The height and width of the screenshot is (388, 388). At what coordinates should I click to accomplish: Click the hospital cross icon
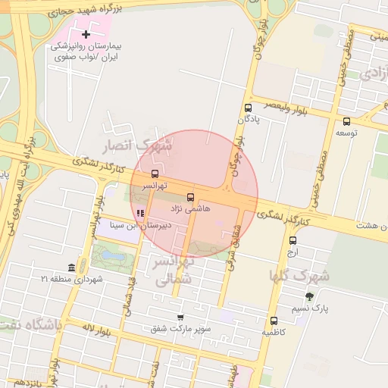point(86,34)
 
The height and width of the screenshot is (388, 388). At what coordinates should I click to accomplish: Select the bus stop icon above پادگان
point(248,108)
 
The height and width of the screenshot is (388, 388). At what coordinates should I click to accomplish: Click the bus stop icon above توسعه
point(347,120)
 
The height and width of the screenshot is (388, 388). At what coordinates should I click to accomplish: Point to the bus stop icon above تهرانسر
point(155,174)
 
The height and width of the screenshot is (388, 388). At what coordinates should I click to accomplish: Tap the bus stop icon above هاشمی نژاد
point(190,196)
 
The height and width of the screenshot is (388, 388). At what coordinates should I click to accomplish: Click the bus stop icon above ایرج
point(293,241)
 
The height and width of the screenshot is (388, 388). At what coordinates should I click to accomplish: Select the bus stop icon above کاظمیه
point(274,321)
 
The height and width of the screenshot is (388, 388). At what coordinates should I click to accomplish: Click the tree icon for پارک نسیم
point(308,296)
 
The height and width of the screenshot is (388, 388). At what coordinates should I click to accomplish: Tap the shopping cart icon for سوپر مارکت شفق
point(180,317)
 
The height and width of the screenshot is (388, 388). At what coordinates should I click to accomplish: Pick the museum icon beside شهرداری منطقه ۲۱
point(72,268)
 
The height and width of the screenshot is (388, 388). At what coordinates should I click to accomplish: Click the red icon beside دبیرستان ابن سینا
point(140,213)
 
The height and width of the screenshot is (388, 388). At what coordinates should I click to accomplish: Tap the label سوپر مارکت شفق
point(180,328)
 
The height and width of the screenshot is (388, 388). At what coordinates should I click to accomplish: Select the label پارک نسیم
point(310,308)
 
